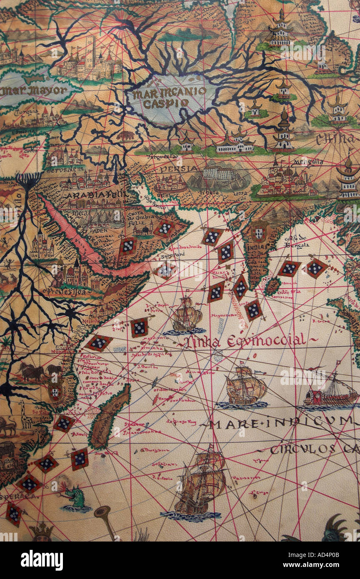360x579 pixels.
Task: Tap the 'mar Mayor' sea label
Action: [33, 90]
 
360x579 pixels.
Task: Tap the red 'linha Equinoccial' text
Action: [246, 341]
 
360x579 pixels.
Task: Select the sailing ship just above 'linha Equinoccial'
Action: [186, 315]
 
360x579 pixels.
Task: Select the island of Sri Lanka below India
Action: [272, 287]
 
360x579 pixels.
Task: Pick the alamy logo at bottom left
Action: [42, 560]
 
